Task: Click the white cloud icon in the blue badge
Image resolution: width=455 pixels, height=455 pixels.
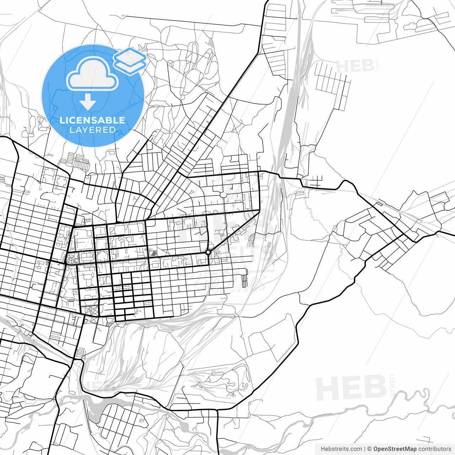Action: [x=92, y=74]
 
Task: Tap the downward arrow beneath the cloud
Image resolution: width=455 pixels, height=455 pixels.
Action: [x=88, y=103]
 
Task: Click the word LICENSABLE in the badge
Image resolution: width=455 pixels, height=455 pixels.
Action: [x=92, y=120]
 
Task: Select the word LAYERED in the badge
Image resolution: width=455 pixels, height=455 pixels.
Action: [x=92, y=130]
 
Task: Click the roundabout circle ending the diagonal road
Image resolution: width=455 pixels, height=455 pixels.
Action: [x=208, y=252]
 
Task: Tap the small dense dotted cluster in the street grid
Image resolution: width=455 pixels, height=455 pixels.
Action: [x=154, y=253]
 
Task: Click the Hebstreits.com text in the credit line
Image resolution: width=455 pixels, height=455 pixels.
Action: [x=341, y=449]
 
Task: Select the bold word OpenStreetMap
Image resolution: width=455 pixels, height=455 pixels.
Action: [x=395, y=449]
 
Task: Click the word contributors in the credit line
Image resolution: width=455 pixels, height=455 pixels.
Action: [x=434, y=449]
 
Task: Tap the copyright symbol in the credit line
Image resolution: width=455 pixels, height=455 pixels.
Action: [x=369, y=449]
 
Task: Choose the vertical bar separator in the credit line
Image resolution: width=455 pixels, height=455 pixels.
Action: [x=365, y=449]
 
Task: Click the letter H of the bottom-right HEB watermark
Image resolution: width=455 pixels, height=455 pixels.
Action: [x=326, y=388]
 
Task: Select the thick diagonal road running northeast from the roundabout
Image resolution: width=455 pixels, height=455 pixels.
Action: [x=235, y=231]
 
